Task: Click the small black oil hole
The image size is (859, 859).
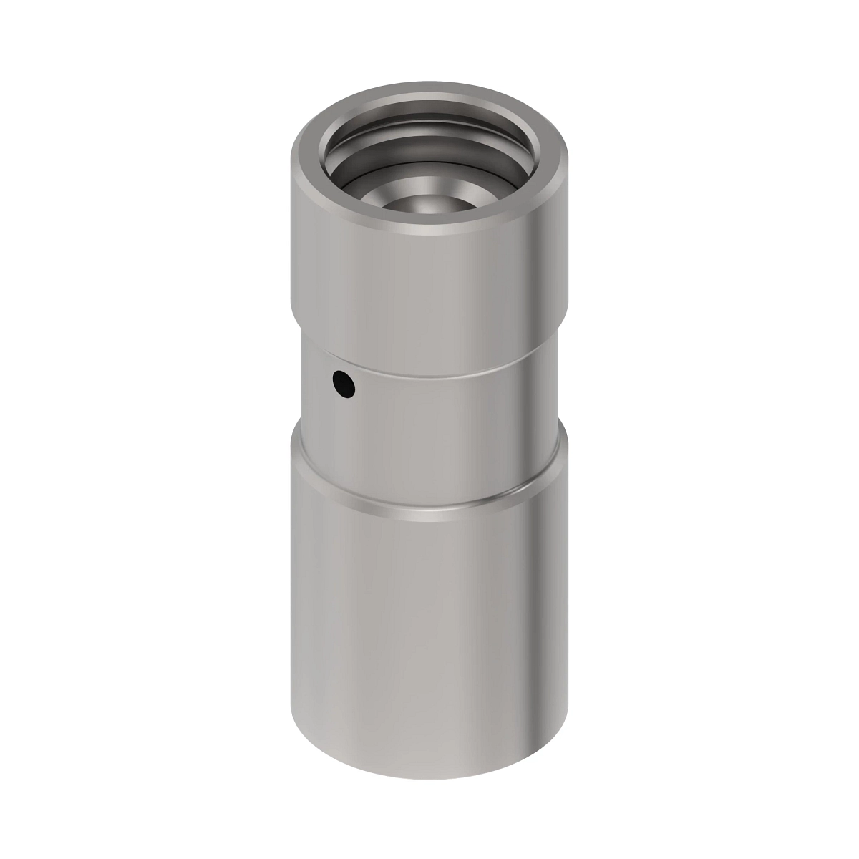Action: point(344,384)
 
